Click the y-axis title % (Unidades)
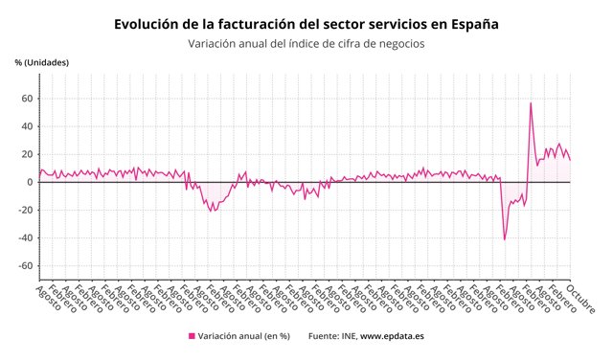41,63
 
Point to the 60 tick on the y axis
28,99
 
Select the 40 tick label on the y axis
28,126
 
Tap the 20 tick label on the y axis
28,154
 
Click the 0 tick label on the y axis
31,182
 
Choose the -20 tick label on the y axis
26,211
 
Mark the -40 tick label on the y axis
26,238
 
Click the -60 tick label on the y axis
26,266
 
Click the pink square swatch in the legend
192,336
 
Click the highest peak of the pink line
531,103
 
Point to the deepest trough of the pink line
505,238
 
